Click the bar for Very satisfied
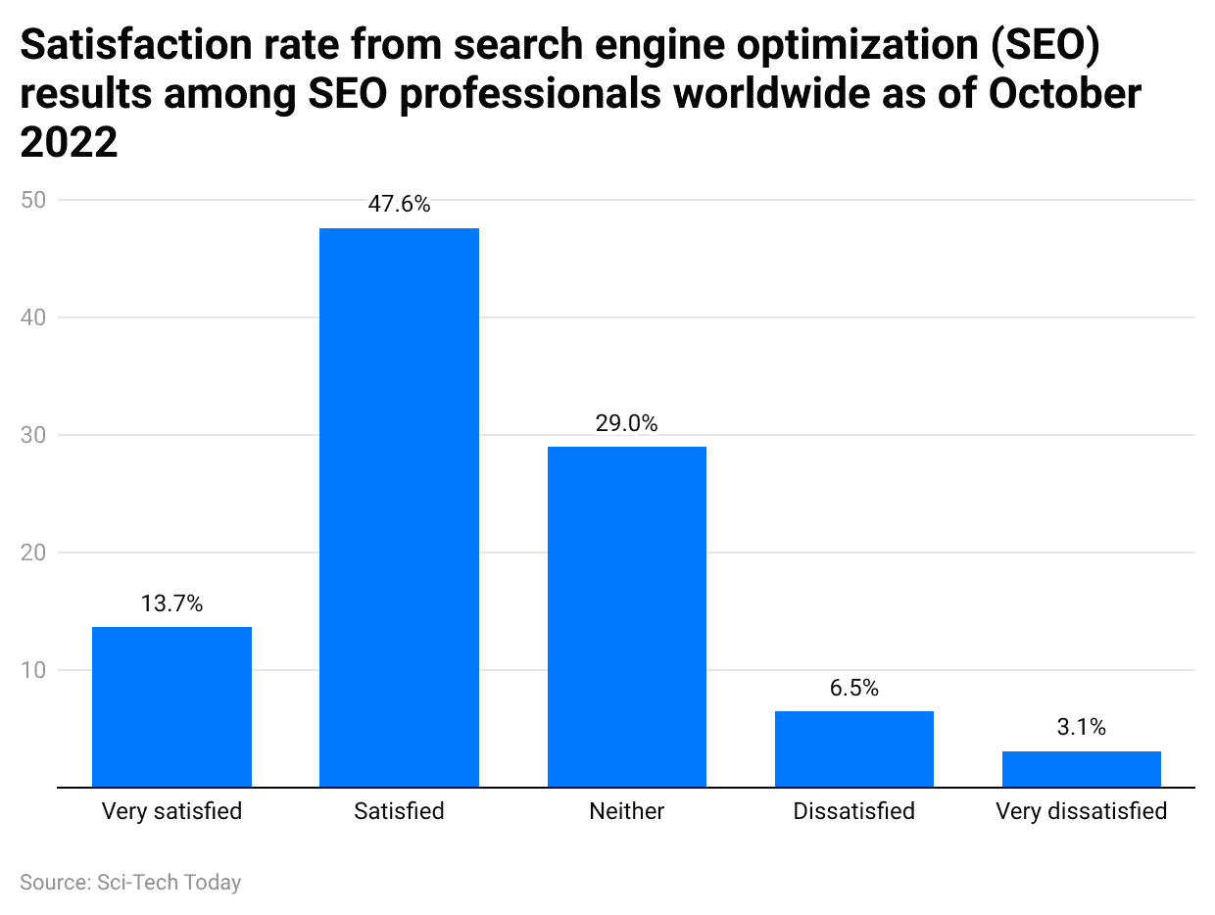[171, 706]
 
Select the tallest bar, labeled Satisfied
[399, 507]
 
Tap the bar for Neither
[626, 616]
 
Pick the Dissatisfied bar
[853, 748]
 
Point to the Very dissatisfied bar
[1081, 768]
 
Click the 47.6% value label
[399, 205]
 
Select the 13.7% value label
[171, 604]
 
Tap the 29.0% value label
[626, 423]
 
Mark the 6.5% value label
[853, 688]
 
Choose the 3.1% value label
[1081, 727]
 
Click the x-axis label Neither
[626, 811]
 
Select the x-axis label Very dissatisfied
[1081, 811]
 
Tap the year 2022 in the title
[69, 143]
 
